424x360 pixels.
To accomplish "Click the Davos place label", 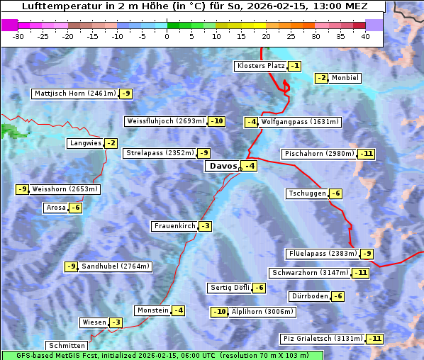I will (222, 167).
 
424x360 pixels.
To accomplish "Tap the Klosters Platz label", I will (260, 66).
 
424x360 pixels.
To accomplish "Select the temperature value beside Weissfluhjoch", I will (216, 121).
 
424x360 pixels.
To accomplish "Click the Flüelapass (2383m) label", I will (323, 254).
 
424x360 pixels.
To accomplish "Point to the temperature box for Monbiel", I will (322, 78).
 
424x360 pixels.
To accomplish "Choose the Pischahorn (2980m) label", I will (318, 154).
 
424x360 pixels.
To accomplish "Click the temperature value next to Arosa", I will (75, 208).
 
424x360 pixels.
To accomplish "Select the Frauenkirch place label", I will (174, 226).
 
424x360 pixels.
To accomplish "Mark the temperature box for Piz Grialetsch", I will (375, 339).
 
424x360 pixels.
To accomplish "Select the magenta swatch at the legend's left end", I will (9, 25).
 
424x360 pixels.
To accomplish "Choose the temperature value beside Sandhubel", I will (71, 266).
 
